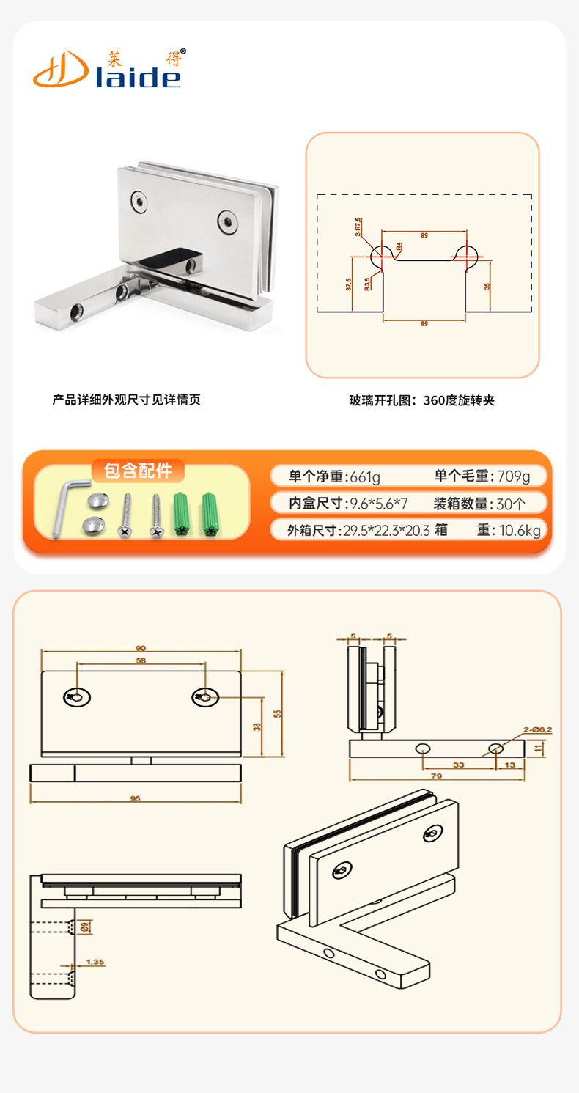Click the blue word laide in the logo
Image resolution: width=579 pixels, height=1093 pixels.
click(139, 76)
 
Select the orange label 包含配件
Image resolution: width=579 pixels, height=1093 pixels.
click(139, 470)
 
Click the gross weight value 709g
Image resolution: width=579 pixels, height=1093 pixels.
click(513, 476)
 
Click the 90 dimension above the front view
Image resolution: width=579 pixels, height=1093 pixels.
click(141, 647)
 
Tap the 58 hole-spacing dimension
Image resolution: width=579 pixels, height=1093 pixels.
click(141, 660)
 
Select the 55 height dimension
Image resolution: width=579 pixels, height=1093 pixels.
click(277, 713)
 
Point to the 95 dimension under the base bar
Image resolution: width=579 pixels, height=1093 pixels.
click(135, 798)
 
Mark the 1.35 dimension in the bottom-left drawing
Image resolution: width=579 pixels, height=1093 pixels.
click(95, 960)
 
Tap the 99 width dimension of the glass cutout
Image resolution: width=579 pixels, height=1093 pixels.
click(424, 323)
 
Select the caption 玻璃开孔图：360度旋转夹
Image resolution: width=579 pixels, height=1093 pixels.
click(422, 401)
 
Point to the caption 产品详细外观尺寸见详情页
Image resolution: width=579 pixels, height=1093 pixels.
click(126, 400)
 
